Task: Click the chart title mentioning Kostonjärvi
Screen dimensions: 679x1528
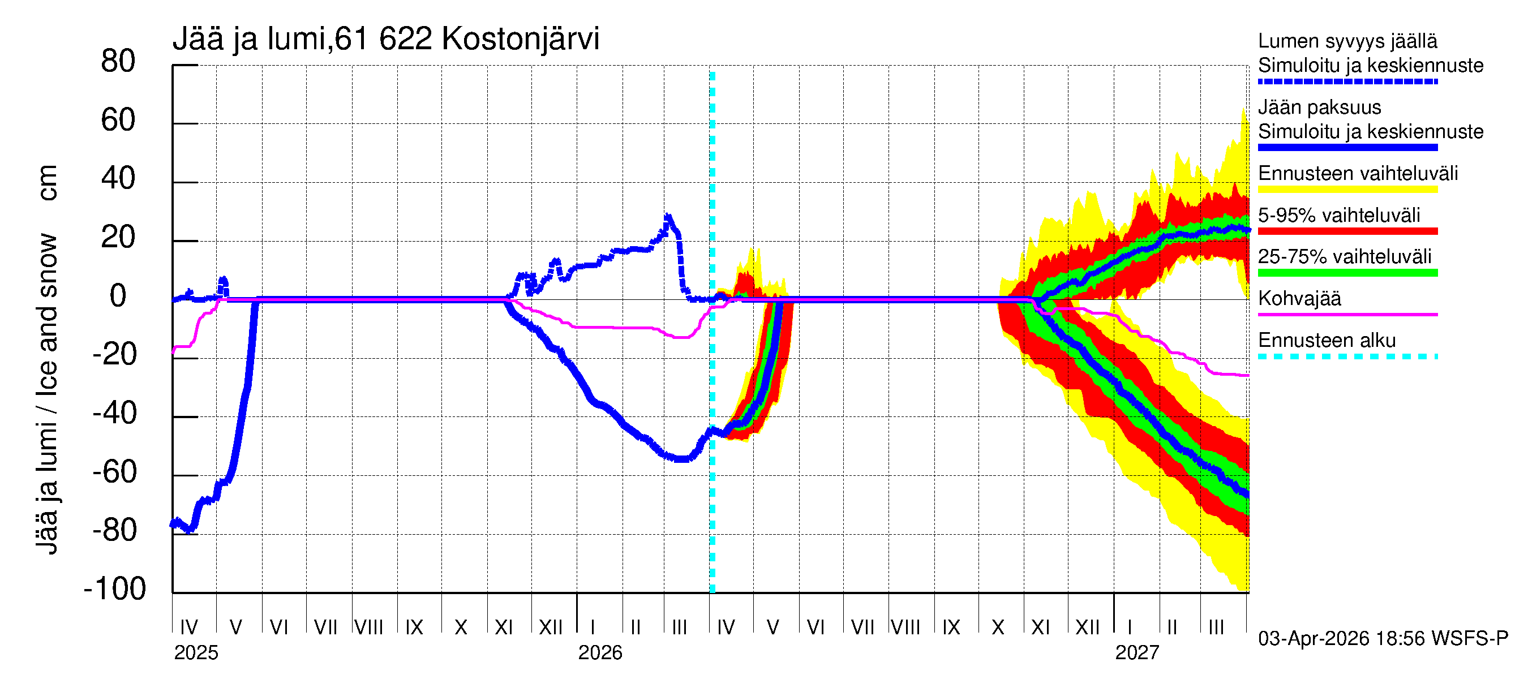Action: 385,39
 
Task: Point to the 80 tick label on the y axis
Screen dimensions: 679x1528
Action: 118,62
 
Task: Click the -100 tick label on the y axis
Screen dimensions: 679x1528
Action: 114,589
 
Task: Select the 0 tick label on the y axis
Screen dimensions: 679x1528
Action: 118,296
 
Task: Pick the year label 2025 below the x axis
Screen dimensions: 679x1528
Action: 196,653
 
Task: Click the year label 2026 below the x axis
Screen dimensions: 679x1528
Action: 600,653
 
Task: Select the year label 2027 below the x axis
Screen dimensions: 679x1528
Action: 1136,653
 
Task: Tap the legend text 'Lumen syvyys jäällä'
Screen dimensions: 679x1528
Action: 1347,41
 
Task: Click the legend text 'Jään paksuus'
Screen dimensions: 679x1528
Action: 1319,108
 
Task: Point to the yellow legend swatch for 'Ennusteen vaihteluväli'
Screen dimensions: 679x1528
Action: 1347,190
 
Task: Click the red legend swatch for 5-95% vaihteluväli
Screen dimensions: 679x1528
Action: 1347,231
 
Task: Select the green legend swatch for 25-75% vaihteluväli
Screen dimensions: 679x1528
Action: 1347,273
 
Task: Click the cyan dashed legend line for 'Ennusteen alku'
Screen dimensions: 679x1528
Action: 1347,356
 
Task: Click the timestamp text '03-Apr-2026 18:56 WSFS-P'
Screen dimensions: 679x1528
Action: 1383,639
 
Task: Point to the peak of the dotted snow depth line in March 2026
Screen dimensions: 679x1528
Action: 668,217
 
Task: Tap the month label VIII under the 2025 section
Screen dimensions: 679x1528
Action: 368,628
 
